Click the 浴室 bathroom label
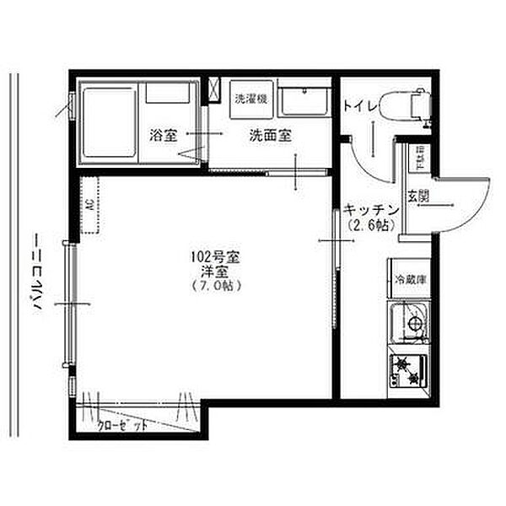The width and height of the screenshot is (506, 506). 164,135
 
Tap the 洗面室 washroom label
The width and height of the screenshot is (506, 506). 270,135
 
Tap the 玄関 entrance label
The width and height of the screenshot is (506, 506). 418,197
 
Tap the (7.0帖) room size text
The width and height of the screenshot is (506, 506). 217,286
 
